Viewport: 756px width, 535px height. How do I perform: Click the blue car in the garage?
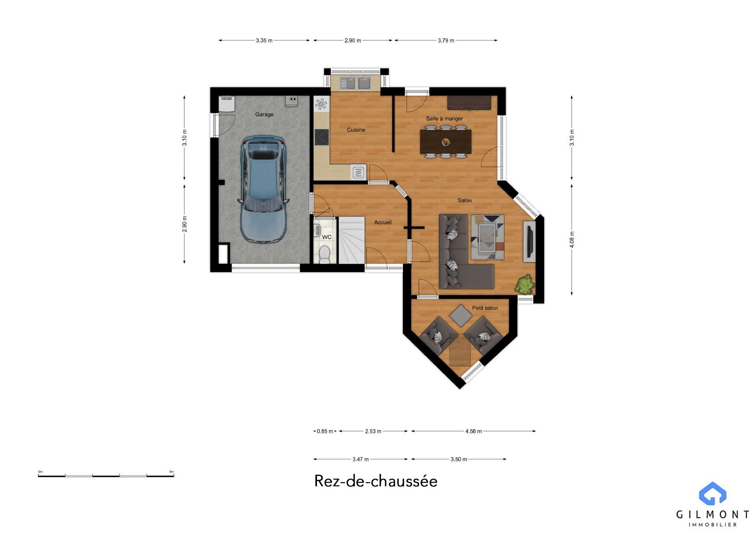(263, 189)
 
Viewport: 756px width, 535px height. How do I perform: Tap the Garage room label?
(264, 115)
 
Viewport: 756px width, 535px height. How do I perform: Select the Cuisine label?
(356, 130)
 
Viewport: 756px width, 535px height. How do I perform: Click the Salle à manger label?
(445, 119)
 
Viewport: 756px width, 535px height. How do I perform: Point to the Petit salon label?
(485, 308)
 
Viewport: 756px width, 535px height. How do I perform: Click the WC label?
(327, 237)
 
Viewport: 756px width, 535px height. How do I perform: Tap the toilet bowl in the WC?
(324, 254)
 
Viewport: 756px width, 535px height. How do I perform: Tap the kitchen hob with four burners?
(322, 137)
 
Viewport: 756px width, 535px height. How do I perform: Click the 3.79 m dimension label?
(446, 41)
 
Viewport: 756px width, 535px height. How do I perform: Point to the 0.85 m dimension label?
(325, 431)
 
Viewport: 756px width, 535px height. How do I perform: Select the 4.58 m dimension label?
(474, 431)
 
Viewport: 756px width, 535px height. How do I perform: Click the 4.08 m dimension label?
(572, 240)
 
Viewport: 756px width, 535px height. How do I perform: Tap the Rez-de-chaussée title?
(376, 481)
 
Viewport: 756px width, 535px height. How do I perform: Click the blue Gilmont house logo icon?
(713, 493)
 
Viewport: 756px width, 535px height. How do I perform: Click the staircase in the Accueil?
(352, 240)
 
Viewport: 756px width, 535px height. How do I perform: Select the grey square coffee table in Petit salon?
(461, 316)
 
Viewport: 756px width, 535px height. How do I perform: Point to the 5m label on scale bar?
(171, 472)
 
